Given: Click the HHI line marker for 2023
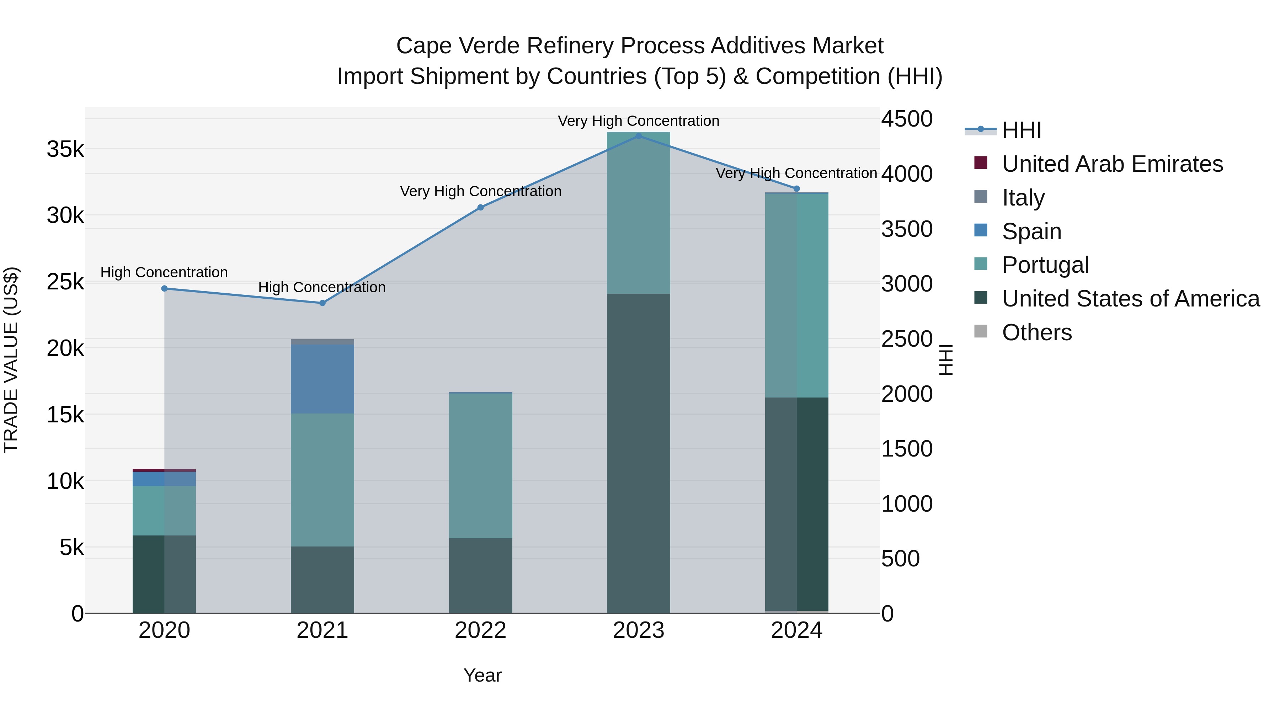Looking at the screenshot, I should [x=639, y=136].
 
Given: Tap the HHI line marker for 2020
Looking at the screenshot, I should [x=165, y=288].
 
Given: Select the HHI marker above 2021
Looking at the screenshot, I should [x=322, y=303].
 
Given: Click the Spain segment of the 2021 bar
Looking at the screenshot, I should [x=322, y=379].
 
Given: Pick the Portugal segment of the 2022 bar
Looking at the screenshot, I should [x=480, y=465].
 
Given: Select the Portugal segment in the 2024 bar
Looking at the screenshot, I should [x=796, y=295].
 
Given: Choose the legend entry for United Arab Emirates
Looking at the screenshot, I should [x=1112, y=164].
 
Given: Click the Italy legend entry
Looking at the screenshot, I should [x=1023, y=198].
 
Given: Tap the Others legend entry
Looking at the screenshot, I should [x=1036, y=332].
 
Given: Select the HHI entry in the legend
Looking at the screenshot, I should [x=1021, y=130].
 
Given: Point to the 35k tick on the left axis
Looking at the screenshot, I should [x=65, y=149].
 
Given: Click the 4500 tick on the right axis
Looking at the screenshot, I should [x=907, y=119].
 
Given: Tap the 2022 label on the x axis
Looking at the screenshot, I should [x=480, y=630].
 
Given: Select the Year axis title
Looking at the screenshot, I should [x=482, y=675].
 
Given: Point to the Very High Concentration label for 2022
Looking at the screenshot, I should [x=480, y=191].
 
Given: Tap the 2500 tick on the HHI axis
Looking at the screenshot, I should [x=907, y=340].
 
